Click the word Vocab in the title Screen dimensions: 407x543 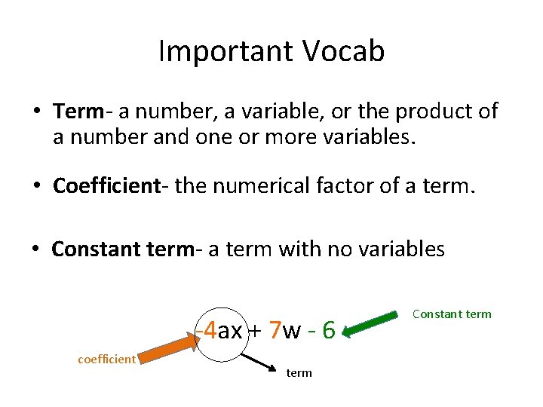pos(344,51)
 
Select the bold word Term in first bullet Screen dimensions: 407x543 pos(78,112)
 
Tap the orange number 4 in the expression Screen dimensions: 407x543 pos(210,330)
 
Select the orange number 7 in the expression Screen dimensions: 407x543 pos(275,330)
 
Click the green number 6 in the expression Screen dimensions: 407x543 pos(329,330)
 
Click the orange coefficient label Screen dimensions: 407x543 pos(106,359)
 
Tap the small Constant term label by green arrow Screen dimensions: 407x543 pos(452,314)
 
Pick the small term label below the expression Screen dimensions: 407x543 pos(299,373)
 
